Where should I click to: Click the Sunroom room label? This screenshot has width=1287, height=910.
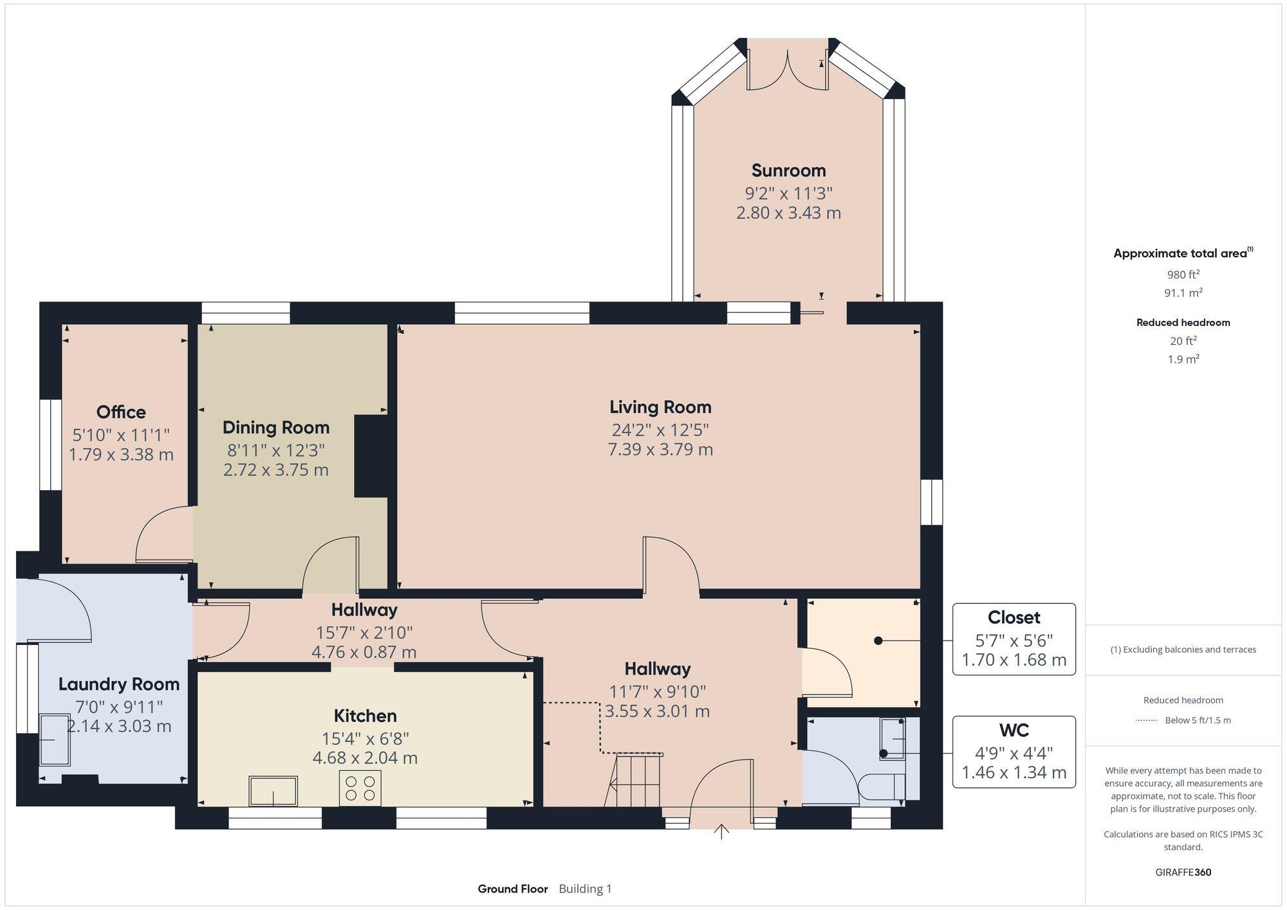(x=788, y=170)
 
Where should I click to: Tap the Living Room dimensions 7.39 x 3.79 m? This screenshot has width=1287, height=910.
(x=660, y=449)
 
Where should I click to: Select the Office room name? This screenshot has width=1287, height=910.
(x=121, y=412)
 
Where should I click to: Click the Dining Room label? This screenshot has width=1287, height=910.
(x=276, y=428)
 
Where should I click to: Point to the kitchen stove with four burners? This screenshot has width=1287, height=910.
(x=360, y=788)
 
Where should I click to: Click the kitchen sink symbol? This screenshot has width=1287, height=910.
(x=273, y=791)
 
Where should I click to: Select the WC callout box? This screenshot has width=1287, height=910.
(x=1014, y=752)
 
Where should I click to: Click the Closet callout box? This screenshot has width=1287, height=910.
(x=1014, y=639)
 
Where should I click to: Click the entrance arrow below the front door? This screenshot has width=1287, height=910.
(x=721, y=832)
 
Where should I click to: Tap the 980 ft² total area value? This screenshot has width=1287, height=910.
(x=1183, y=275)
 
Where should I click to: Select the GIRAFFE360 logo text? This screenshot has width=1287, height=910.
(x=1183, y=873)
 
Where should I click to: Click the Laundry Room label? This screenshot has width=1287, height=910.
(x=119, y=684)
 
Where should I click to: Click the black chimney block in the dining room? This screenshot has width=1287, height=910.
(x=371, y=456)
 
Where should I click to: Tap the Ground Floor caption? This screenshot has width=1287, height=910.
(x=512, y=889)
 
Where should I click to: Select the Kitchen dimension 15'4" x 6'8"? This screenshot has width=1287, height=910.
(x=365, y=738)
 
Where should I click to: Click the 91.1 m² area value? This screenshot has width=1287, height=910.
(x=1183, y=293)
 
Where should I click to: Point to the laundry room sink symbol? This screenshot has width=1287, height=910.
(x=55, y=740)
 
